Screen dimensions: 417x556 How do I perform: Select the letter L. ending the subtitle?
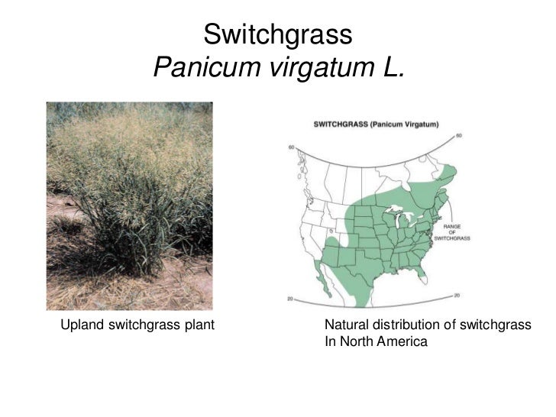388,70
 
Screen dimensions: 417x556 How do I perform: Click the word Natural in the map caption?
347,326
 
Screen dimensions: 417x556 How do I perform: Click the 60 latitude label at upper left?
291,147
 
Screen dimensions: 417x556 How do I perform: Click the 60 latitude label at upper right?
457,136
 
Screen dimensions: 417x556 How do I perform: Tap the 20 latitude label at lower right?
457,294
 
